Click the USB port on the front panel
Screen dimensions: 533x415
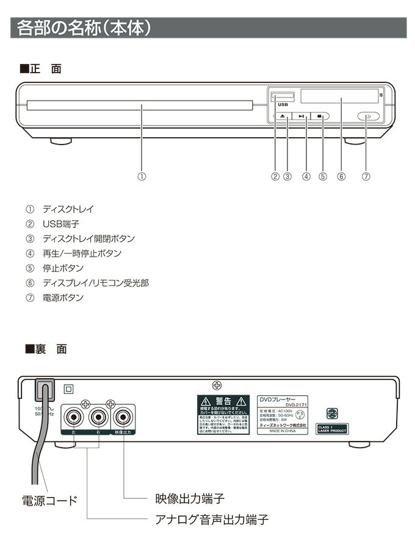click(x=282, y=96)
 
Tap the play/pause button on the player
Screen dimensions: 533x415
click(x=301, y=116)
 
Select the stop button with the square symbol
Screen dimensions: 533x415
click(x=320, y=116)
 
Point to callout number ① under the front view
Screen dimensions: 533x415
click(x=142, y=177)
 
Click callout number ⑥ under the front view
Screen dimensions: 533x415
click(x=341, y=177)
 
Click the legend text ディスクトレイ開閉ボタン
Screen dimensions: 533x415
click(x=88, y=239)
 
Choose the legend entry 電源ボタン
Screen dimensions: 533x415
click(x=63, y=298)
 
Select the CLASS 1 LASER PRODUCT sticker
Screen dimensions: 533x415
click(x=332, y=428)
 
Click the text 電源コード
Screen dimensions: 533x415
click(x=50, y=501)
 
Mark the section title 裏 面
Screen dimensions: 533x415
click(x=50, y=349)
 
